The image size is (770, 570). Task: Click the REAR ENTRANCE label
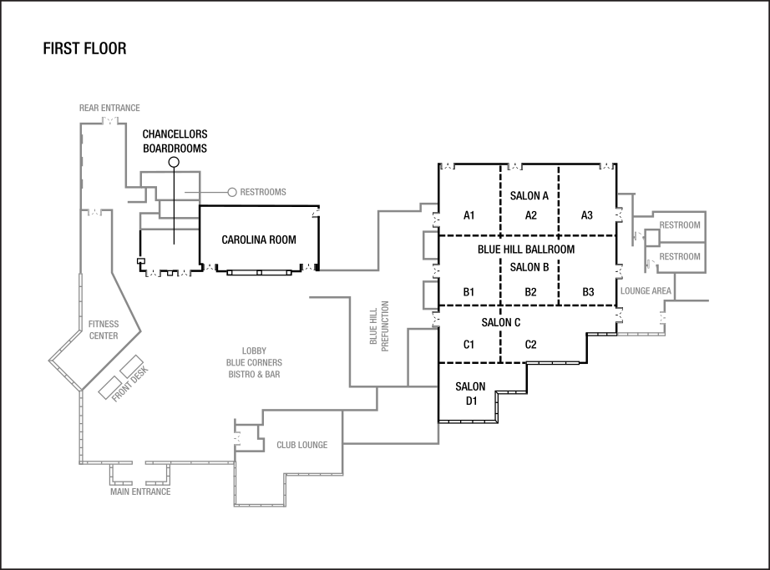109,108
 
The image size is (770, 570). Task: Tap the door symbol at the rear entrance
109,122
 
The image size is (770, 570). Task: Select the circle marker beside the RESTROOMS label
232,192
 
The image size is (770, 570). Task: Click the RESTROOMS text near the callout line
263,192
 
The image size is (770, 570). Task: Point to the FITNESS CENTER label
104,330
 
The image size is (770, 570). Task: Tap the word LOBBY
254,351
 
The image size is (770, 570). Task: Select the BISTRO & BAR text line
254,375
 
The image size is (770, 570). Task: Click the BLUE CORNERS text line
254,363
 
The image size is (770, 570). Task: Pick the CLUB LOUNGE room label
301,445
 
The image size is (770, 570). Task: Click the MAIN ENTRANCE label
140,492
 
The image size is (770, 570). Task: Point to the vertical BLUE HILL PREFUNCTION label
379,325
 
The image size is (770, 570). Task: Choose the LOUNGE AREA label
646,291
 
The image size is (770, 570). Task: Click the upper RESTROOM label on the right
680,225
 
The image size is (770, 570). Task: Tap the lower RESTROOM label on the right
680,257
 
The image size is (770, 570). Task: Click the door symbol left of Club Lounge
238,436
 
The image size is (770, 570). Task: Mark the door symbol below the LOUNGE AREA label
664,318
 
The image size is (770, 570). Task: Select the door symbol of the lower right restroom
648,263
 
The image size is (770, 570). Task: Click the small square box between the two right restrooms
651,238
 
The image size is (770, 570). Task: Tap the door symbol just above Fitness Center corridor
94,212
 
